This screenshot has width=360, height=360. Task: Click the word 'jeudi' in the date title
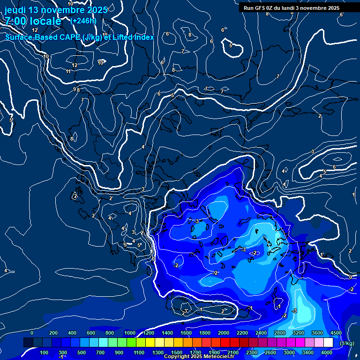(15, 10)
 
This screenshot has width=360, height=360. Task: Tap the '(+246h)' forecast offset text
(83, 21)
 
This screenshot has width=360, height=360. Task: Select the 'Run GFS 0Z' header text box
(292, 7)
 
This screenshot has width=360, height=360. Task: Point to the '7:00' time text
(15, 21)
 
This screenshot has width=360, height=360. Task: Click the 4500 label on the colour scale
(336, 333)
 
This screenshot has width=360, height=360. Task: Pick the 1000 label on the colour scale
(130, 333)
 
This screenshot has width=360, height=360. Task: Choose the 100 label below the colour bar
(44, 352)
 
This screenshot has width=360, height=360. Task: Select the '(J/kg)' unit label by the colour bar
(346, 344)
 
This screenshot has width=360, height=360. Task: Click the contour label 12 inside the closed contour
(75, 65)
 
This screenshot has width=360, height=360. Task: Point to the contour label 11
(68, 71)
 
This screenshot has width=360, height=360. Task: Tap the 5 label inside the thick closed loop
(231, 45)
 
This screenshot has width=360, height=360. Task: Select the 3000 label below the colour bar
(289, 352)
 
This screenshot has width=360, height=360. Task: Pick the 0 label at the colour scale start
(32, 333)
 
